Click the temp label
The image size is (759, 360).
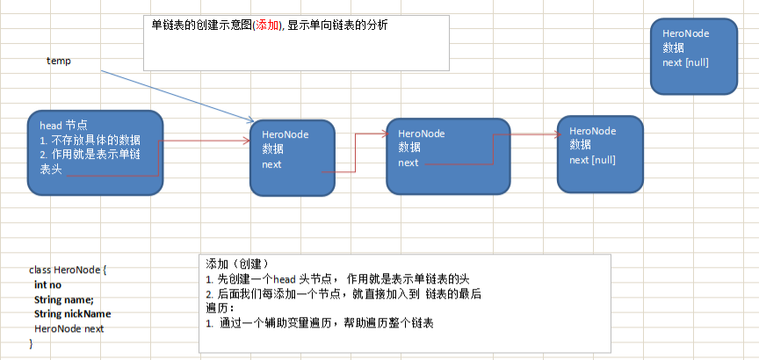pyautogui.click(x=58, y=61)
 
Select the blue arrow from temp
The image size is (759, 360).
pyautogui.click(x=176, y=96)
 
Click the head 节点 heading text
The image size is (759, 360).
pyautogui.click(x=63, y=126)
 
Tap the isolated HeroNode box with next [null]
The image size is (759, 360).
pyautogui.click(x=692, y=56)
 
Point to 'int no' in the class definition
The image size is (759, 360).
pyautogui.click(x=47, y=284)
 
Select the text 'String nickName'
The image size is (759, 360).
pyautogui.click(x=72, y=313)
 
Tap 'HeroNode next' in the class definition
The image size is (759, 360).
pyautogui.click(x=69, y=328)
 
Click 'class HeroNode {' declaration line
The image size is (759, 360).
pyautogui.click(x=67, y=270)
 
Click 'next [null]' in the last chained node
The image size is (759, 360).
pyautogui.click(x=592, y=160)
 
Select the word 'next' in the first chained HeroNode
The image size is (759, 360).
pyautogui.click(x=271, y=164)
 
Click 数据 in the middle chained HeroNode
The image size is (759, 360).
pyautogui.click(x=408, y=147)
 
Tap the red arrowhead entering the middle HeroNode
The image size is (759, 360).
pyautogui.click(x=384, y=133)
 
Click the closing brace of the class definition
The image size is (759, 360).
pyautogui.click(x=32, y=342)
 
